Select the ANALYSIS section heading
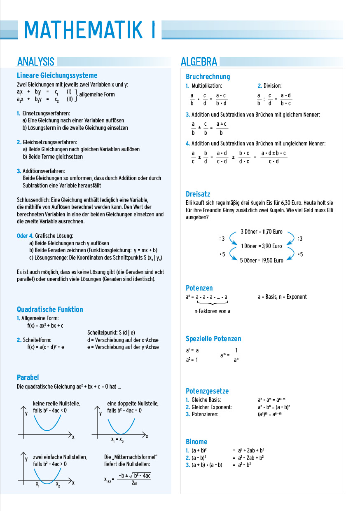coord(36,62)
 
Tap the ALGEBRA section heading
coord(199,62)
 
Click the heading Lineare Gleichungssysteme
coord(57,75)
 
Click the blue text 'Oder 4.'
coord(25,236)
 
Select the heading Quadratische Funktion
coord(50,309)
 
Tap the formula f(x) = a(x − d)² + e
coord(46,347)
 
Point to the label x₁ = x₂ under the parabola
coord(117,440)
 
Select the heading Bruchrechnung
coord(208,77)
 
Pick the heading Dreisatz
coord(198,194)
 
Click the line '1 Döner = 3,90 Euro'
coord(262,246)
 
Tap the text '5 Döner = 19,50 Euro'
coord(262,260)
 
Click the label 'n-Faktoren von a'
coord(212,311)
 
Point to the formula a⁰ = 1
coord(192,360)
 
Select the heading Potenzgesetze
coord(207,391)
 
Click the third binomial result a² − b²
coord(244,465)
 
